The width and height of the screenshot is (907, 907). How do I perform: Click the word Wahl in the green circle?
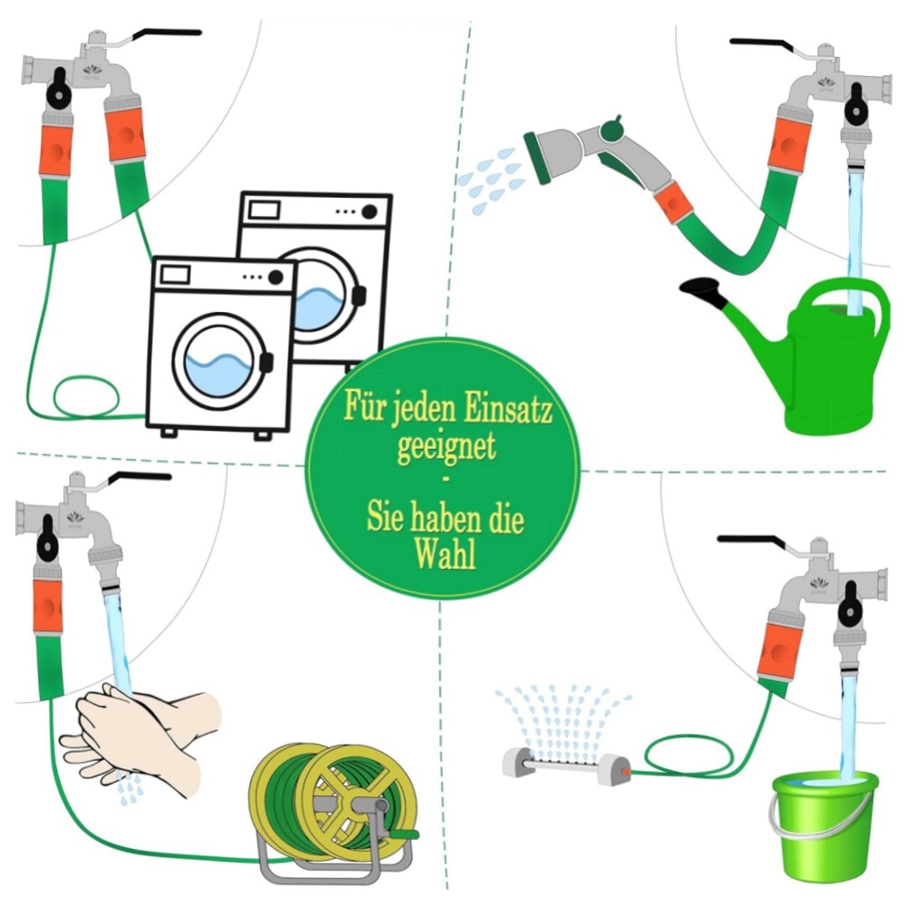pyautogui.click(x=445, y=554)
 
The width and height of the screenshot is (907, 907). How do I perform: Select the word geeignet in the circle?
pyautogui.click(x=446, y=445)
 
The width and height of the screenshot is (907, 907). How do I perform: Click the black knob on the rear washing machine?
pyautogui.click(x=369, y=211)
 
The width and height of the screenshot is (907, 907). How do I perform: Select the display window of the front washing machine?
pyautogui.click(x=175, y=274)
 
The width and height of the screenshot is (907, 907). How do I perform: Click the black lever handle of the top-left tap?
pyautogui.click(x=167, y=34)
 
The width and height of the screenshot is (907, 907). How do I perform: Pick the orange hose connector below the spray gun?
pyautogui.click(x=673, y=202)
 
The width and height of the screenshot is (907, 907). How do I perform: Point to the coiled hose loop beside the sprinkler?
pyautogui.click(x=688, y=755)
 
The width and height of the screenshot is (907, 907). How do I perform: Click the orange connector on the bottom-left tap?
pyautogui.click(x=47, y=608)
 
